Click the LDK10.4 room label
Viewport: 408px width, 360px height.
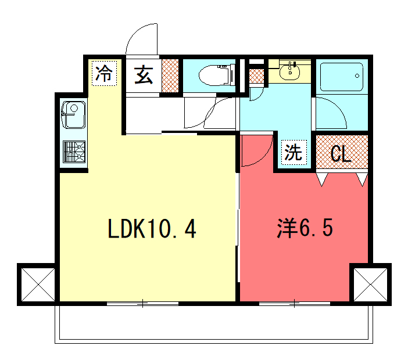click(x=152, y=229)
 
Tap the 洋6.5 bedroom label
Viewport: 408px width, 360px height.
click(x=305, y=228)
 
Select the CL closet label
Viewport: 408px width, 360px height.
click(x=341, y=154)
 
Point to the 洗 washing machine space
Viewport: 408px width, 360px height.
click(x=294, y=152)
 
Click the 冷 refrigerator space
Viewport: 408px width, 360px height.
click(x=104, y=73)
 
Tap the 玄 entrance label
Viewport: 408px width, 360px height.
click(x=144, y=75)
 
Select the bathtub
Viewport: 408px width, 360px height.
click(x=341, y=77)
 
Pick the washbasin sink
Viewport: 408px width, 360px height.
click(x=290, y=70)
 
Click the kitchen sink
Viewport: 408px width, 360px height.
click(x=73, y=114)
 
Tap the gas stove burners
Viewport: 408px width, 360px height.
click(x=74, y=152)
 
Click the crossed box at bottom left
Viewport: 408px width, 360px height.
click(x=38, y=285)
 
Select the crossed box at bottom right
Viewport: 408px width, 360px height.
click(x=370, y=285)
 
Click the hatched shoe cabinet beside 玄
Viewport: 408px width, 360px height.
click(x=170, y=75)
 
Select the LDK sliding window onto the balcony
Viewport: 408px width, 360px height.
click(x=142, y=303)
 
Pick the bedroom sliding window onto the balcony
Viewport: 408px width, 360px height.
click(x=295, y=303)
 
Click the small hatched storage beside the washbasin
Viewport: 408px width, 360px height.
click(x=256, y=76)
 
